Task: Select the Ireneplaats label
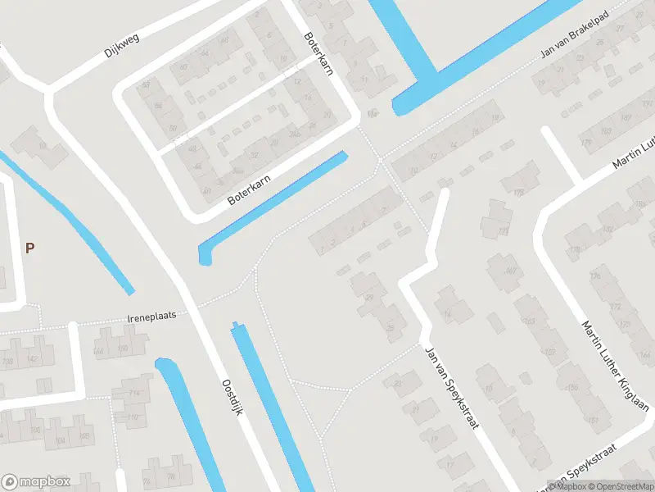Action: [x=151, y=316]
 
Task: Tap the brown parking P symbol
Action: [x=30, y=248]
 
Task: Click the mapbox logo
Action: [x=36, y=481]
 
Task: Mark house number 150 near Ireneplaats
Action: [x=123, y=349]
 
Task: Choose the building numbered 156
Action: [x=572, y=386]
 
